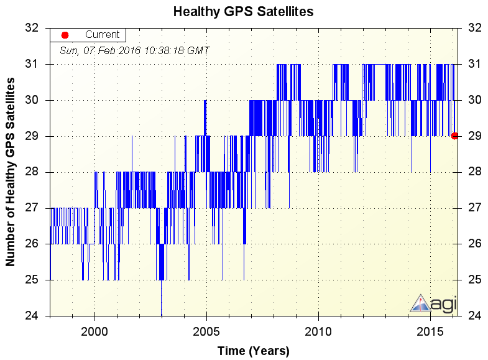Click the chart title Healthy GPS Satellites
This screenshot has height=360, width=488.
click(243, 11)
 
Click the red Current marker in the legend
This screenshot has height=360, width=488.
click(65, 35)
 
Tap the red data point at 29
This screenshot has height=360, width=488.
click(454, 136)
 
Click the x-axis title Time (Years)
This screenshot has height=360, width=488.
click(253, 351)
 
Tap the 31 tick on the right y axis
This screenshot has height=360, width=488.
click(474, 64)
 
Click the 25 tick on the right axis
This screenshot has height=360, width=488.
click(474, 280)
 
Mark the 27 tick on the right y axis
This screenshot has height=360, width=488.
click(474, 208)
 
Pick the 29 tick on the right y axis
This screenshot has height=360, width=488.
click(474, 136)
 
